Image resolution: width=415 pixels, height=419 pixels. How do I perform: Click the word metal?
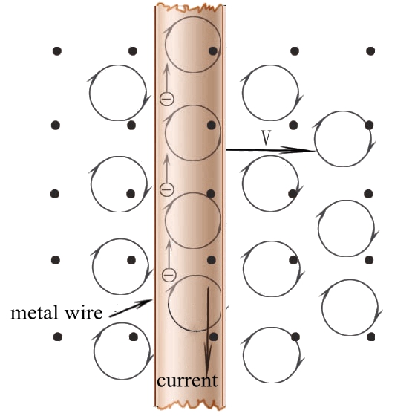point(34,313)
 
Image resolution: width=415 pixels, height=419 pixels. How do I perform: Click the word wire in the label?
point(84,313)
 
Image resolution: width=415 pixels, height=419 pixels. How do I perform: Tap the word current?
point(187,381)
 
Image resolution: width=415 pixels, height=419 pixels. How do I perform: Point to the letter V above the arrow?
point(266,138)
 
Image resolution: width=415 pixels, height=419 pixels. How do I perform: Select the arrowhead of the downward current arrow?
point(208,358)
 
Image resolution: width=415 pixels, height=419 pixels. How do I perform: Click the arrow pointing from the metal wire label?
point(131,308)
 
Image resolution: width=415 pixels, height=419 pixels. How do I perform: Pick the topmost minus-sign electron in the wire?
point(166,99)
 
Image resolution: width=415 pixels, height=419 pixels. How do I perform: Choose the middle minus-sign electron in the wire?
point(166,189)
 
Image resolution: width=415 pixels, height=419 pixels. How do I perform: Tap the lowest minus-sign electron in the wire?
point(169,274)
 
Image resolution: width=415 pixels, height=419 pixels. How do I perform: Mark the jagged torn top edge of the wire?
point(189,7)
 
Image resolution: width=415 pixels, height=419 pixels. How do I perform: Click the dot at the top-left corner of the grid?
point(57,51)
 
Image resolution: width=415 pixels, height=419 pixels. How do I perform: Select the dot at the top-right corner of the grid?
point(370,51)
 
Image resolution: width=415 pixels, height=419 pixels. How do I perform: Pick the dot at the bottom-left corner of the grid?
point(58,337)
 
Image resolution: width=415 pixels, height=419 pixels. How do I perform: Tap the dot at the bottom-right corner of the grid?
point(370,337)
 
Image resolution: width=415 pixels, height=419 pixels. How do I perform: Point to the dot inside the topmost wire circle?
point(213,51)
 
